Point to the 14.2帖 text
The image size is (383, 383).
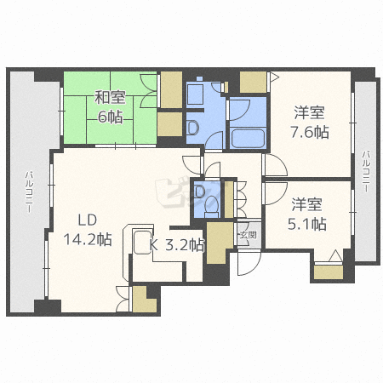click(88, 239)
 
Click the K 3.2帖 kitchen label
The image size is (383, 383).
click(178, 245)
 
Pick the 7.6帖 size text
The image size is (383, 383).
click(312, 133)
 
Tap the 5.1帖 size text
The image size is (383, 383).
click(307, 225)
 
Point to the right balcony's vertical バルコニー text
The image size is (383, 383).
click(365, 170)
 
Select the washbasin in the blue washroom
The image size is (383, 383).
click(191, 129)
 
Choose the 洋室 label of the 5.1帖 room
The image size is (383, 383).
click(307, 204)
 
